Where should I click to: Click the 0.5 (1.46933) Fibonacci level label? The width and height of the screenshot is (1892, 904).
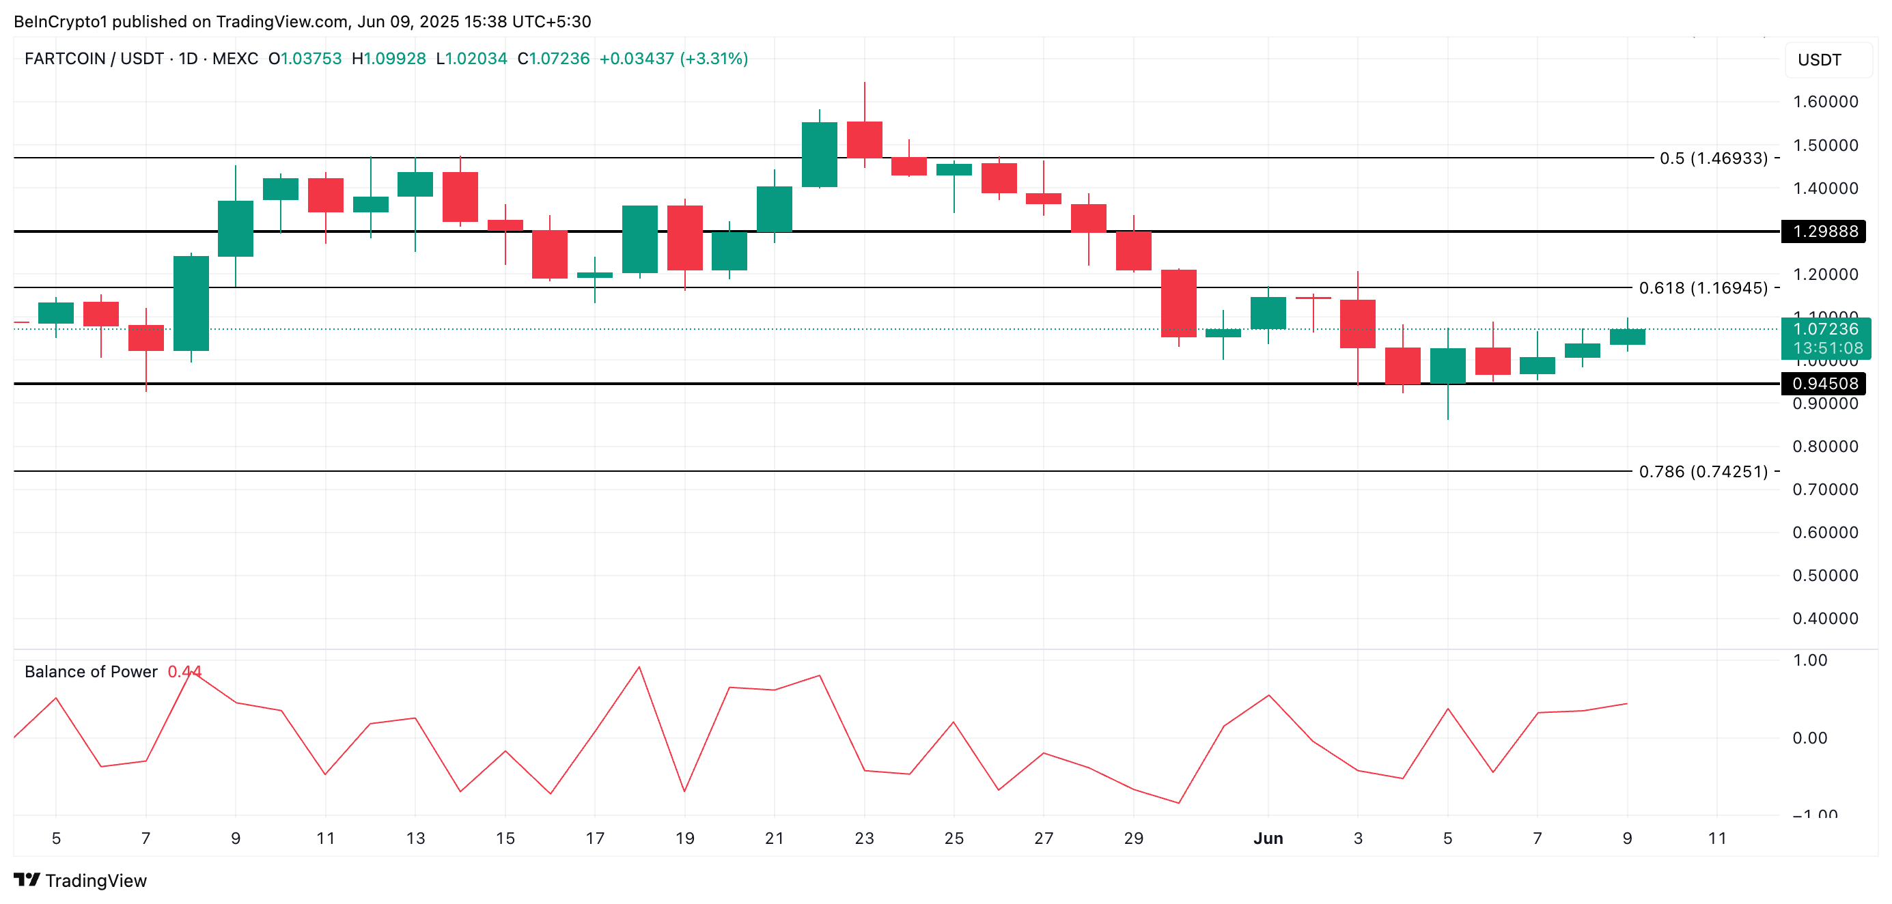coord(1713,158)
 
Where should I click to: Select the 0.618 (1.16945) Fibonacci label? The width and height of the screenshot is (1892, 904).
coord(1703,288)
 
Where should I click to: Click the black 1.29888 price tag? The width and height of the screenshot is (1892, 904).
coord(1824,231)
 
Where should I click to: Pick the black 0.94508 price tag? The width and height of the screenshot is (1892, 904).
coord(1824,383)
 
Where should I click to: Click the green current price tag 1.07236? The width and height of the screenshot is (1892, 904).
coord(1824,330)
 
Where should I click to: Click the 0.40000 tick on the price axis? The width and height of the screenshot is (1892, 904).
coord(1824,619)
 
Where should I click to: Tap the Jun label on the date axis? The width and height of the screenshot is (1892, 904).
coord(1268,838)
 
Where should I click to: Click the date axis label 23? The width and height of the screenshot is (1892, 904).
coord(864,838)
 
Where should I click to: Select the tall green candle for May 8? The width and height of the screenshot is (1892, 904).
coord(191,303)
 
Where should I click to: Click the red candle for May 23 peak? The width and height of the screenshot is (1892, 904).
coord(865,139)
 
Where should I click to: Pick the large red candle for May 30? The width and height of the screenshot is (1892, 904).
coord(1178,303)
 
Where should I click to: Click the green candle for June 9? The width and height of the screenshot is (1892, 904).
coord(1627,337)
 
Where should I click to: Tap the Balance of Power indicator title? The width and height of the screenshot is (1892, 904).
coord(91,672)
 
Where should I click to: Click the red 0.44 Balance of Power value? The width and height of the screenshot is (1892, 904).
coord(184,672)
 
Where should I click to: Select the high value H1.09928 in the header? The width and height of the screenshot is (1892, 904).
coord(389,59)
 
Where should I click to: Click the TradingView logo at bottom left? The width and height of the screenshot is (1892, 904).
coord(80,881)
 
